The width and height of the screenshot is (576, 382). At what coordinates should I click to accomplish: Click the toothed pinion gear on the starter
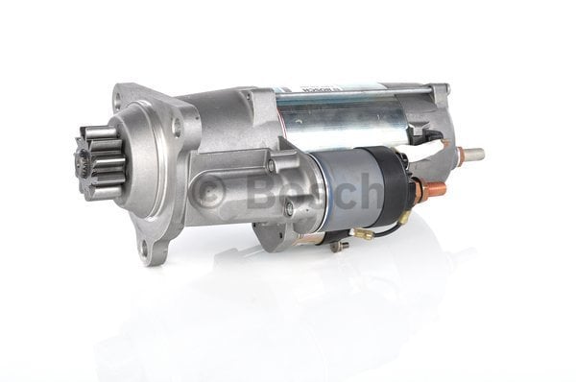click(98, 164)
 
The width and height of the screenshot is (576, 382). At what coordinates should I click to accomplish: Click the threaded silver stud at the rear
click(469, 154)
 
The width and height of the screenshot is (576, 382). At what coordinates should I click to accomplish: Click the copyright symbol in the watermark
click(206, 193)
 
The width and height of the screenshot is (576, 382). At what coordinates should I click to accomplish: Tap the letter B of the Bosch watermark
click(260, 192)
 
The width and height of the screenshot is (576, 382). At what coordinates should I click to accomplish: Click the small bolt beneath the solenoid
click(337, 246)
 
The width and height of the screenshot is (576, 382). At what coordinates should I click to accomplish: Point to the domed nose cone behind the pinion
click(144, 163)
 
